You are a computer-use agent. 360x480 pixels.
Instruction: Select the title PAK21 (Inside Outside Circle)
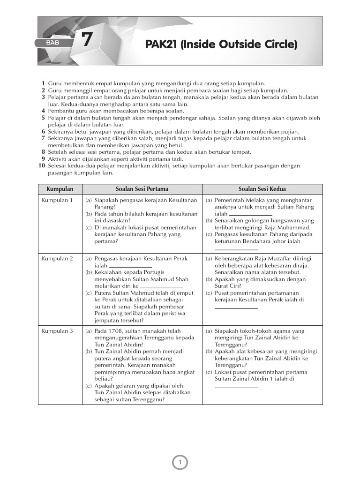point(221,45)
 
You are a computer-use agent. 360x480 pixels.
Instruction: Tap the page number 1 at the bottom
point(180,463)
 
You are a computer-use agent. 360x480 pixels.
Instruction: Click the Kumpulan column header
point(60,189)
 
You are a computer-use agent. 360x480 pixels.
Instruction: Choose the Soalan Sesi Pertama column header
point(142,189)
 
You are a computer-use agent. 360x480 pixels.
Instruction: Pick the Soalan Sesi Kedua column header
point(262,189)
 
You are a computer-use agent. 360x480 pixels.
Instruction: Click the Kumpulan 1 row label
point(57,200)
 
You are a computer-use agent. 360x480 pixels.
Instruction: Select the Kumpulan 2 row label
point(57,258)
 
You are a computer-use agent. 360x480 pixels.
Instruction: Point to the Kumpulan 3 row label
point(57,331)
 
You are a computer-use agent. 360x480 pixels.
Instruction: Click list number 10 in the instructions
point(41,166)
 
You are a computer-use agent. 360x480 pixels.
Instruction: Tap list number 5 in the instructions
point(43,118)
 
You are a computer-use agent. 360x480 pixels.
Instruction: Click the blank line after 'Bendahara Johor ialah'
point(236,249)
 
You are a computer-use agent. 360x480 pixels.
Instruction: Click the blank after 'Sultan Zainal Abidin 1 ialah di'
point(236,387)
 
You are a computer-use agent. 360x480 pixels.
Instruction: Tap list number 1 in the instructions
point(43,83)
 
